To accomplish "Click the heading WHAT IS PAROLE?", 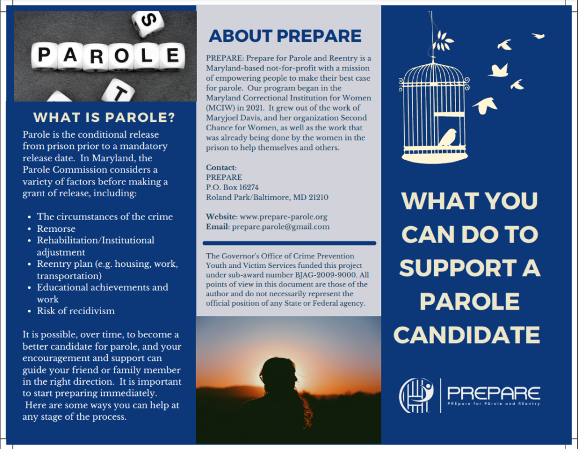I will (104, 118).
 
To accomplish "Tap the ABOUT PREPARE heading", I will (285, 36).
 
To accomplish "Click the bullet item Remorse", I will (56, 228).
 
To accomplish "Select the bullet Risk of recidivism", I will (76, 311).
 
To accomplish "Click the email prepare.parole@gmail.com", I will (279, 227).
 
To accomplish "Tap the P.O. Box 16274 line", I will (233, 187).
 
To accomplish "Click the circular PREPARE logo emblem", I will (416, 395).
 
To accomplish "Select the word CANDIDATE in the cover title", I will (467, 335).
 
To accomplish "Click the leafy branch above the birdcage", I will (444, 41).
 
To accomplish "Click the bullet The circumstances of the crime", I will (104, 217).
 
